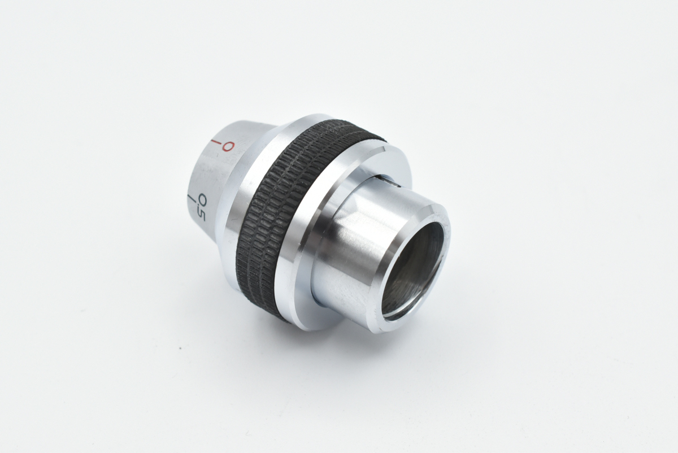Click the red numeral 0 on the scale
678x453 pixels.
228,146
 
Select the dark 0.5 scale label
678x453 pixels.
202,208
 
